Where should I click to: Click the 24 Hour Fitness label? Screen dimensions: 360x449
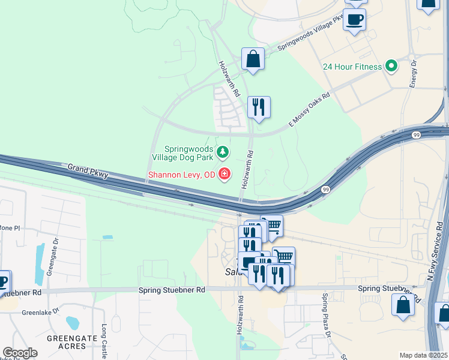pyautogui.click(x=352, y=66)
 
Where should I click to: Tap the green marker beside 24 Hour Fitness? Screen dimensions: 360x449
pyautogui.click(x=392, y=65)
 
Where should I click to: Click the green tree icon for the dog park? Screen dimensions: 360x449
pyautogui.click(x=223, y=152)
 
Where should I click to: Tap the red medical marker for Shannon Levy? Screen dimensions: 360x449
pyautogui.click(x=224, y=174)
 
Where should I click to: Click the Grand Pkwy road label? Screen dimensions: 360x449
pyautogui.click(x=88, y=170)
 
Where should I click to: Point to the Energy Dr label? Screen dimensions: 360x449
pyautogui.click(x=414, y=74)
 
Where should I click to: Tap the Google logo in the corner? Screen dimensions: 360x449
pyautogui.click(x=20, y=353)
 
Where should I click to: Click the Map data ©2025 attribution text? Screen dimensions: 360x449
pyautogui.click(x=423, y=355)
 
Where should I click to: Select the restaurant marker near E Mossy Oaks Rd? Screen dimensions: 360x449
pyautogui.click(x=259, y=108)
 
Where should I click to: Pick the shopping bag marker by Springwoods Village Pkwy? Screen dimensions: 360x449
pyautogui.click(x=253, y=59)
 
